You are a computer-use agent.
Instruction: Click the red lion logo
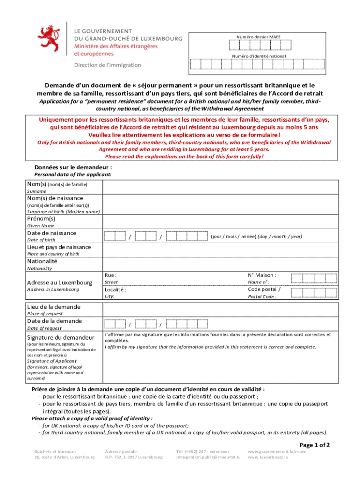tap(50, 39)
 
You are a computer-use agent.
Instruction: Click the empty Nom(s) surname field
tap(220, 187)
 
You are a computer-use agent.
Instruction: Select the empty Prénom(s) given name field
tap(220, 222)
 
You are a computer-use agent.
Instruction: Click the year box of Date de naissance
tap(187, 236)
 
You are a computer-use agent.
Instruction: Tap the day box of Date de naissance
tap(115, 236)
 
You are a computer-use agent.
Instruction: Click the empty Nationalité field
tap(220, 264)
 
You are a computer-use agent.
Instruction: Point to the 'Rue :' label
tap(111, 276)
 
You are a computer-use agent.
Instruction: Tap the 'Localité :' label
tap(115, 290)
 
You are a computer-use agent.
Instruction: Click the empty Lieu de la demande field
tap(220, 310)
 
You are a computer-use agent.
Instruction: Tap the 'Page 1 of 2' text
tap(315, 444)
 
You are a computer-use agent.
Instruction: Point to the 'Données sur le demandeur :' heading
tap(73, 167)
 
